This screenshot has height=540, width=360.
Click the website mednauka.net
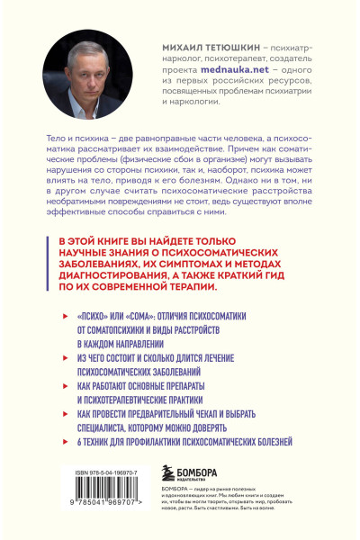[221, 67]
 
